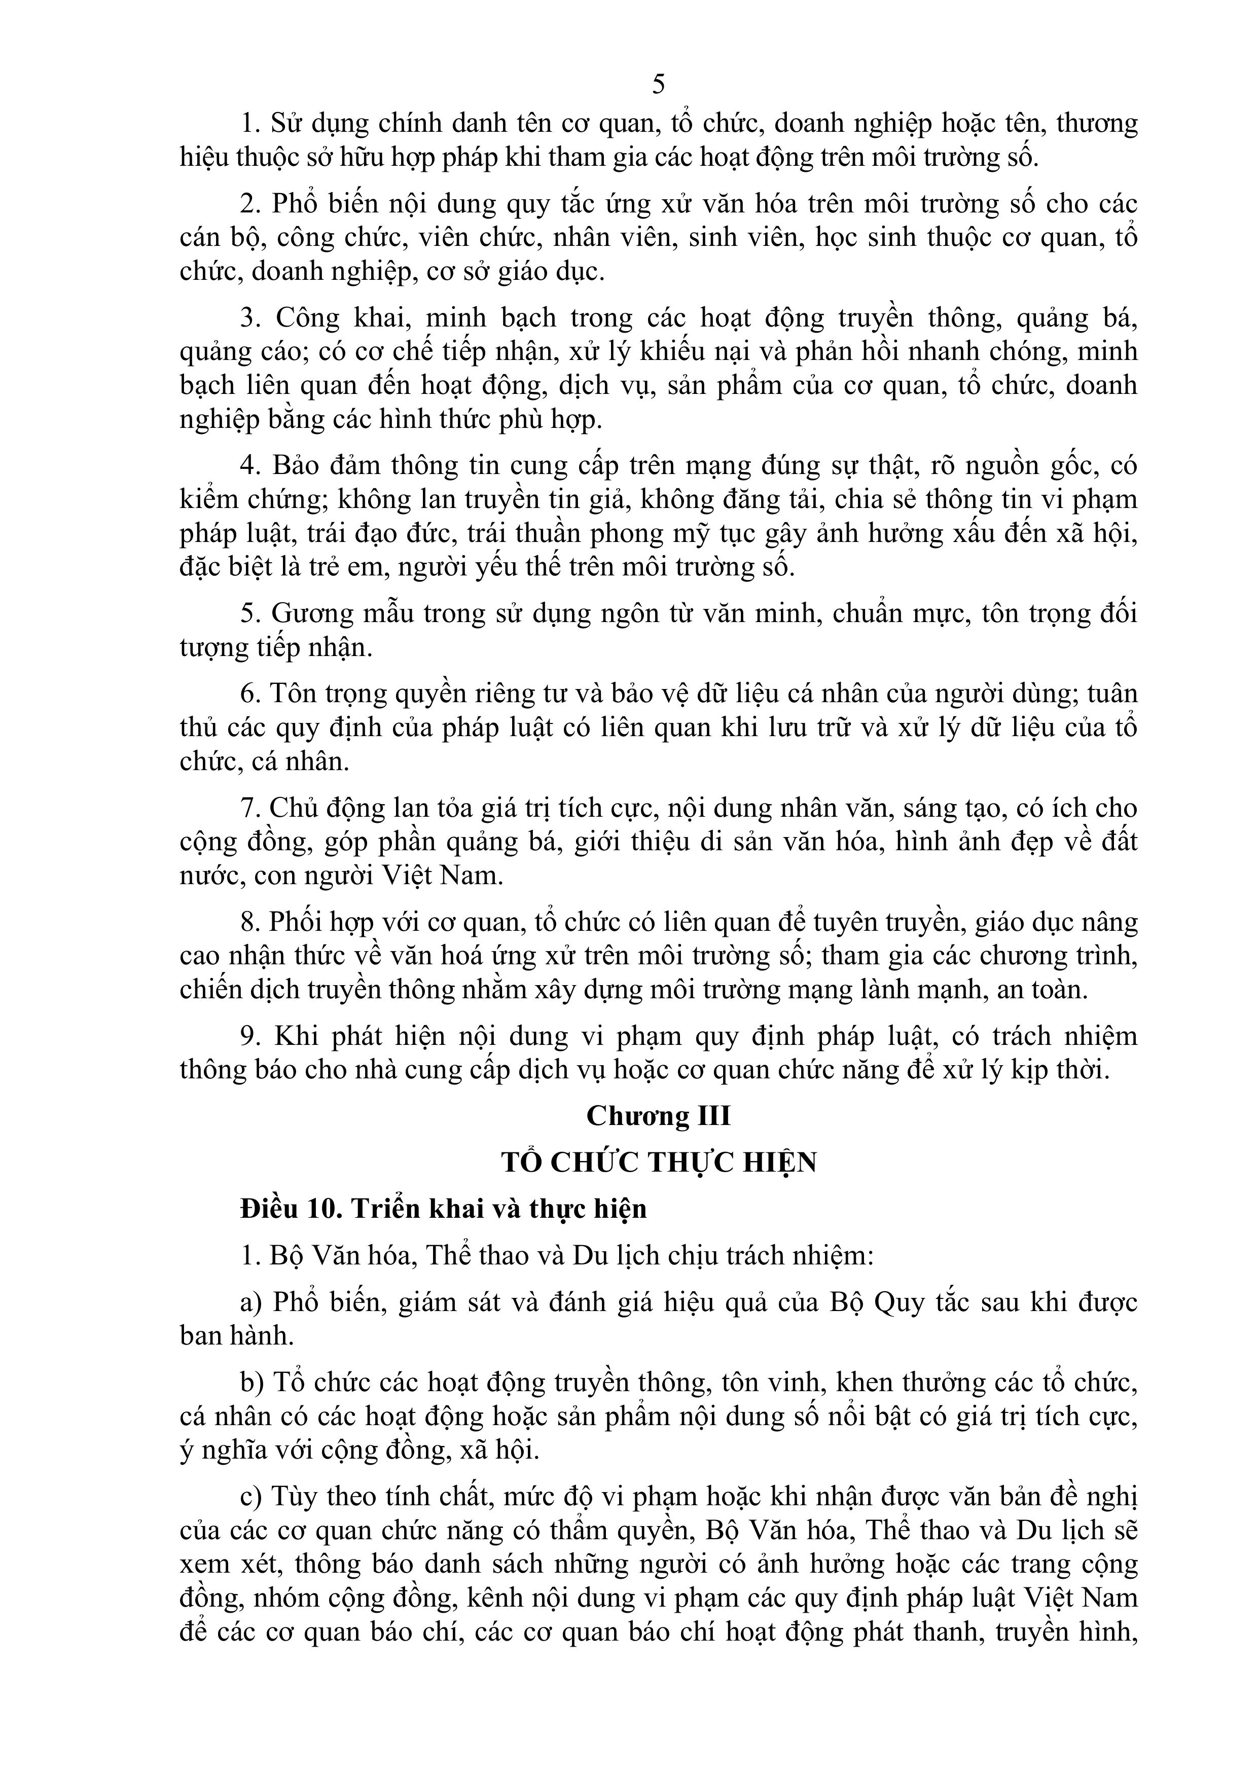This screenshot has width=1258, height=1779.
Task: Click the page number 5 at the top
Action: [x=658, y=84]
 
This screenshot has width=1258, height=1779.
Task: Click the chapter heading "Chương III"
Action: [x=658, y=1116]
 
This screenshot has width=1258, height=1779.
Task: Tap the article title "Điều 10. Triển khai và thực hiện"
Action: [x=443, y=1209]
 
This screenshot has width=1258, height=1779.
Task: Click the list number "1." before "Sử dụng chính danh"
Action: [x=249, y=124]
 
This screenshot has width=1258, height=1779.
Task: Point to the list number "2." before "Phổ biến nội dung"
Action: [x=249, y=204]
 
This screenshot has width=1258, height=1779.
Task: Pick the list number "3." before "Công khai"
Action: [x=249, y=318]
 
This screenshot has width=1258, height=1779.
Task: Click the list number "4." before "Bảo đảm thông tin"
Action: [x=249, y=466]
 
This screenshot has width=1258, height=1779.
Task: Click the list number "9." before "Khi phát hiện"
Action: [x=249, y=1036]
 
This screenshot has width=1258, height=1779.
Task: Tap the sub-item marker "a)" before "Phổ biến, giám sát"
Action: [x=251, y=1302]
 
